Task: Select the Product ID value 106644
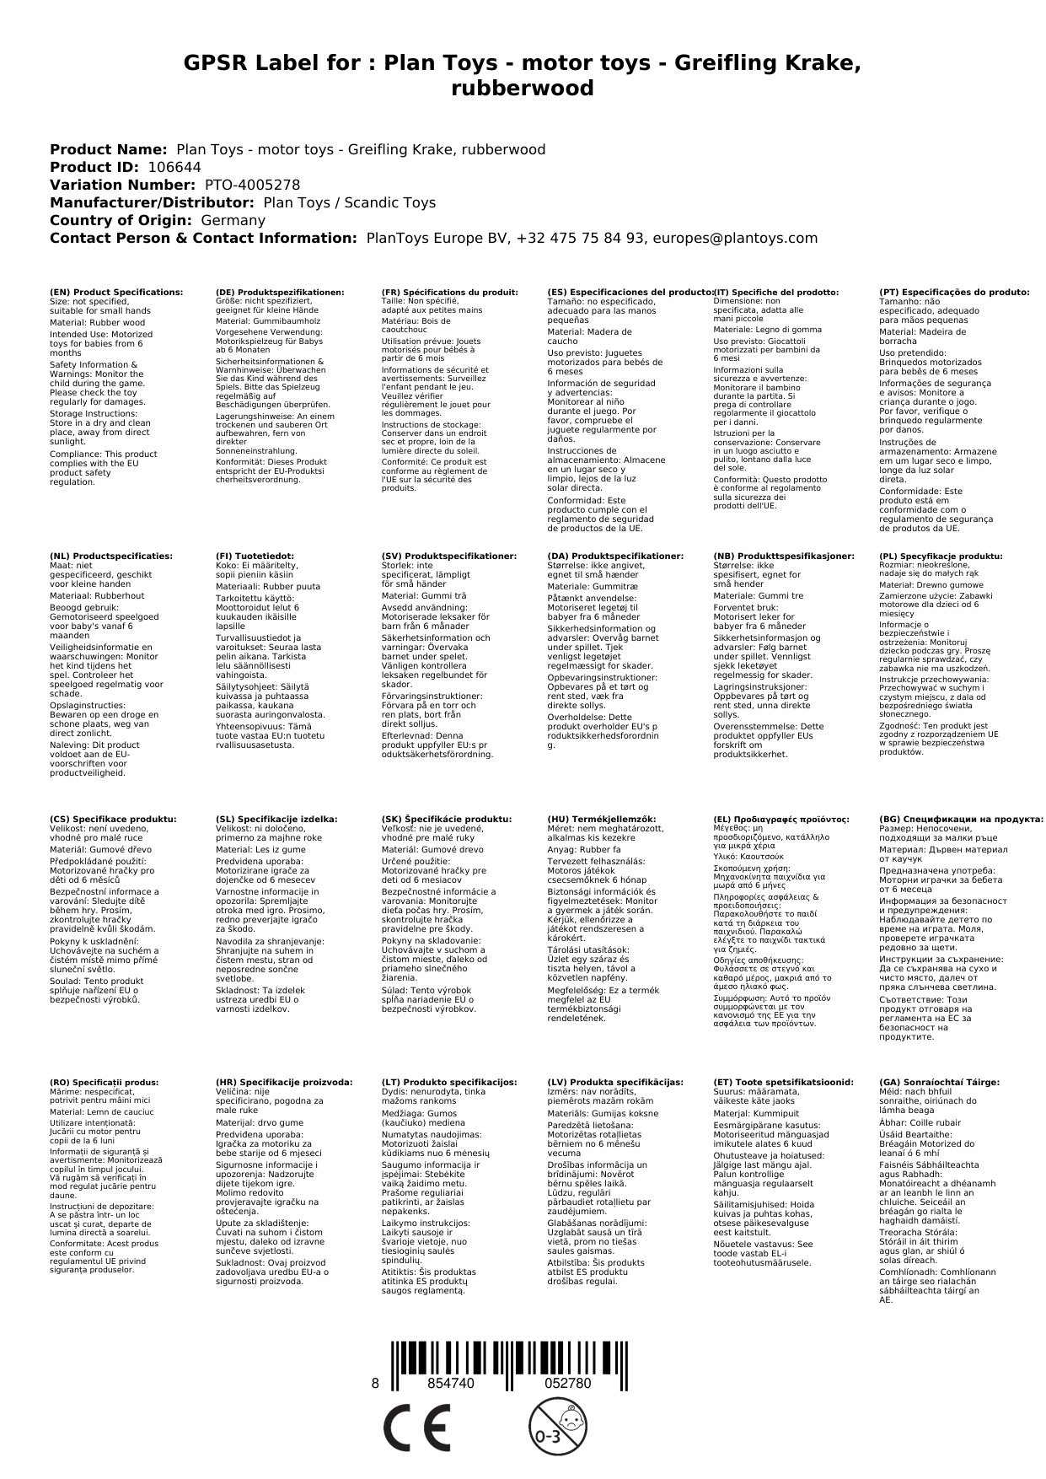coord(174,167)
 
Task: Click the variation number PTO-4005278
coord(252,185)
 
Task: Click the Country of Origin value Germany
coord(233,220)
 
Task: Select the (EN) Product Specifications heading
coord(116,292)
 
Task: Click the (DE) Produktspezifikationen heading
coord(280,292)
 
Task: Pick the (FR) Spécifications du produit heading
coord(449,292)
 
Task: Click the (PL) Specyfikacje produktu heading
coord(941,556)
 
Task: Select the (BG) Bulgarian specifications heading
coord(961,819)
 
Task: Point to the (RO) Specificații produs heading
coord(104,1082)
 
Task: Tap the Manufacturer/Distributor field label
coord(152,202)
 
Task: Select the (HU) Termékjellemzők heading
coord(601,819)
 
